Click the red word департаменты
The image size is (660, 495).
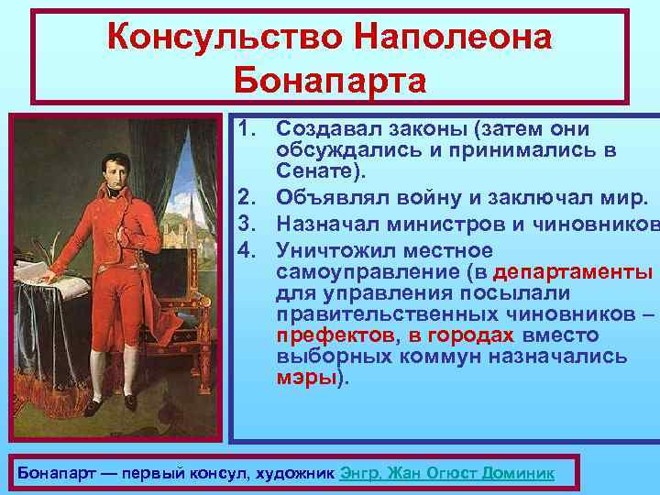pos(573,272)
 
